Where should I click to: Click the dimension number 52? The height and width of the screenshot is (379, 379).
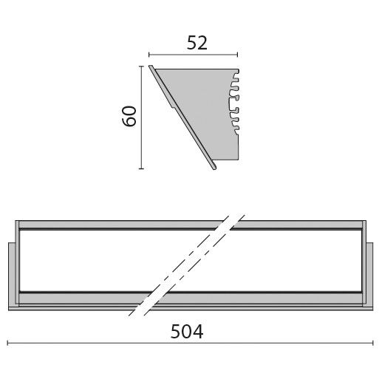click(197, 43)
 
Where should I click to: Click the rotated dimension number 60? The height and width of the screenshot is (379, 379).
click(130, 116)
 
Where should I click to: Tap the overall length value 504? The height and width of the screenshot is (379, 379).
click(186, 332)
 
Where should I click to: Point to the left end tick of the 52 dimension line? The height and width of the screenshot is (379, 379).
click(149, 54)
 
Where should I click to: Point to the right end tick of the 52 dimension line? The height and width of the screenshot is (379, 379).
click(238, 54)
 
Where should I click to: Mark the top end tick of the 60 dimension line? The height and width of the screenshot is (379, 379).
click(140, 66)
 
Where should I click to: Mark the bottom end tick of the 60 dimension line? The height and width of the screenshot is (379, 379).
click(140, 169)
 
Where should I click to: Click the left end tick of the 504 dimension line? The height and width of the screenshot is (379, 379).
click(7, 343)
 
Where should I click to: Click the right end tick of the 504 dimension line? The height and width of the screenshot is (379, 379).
click(372, 343)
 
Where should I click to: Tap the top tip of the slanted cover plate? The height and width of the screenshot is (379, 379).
click(151, 67)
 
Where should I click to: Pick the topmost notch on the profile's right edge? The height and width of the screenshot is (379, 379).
click(237, 75)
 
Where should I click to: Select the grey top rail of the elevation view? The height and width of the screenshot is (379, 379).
click(111, 223)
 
